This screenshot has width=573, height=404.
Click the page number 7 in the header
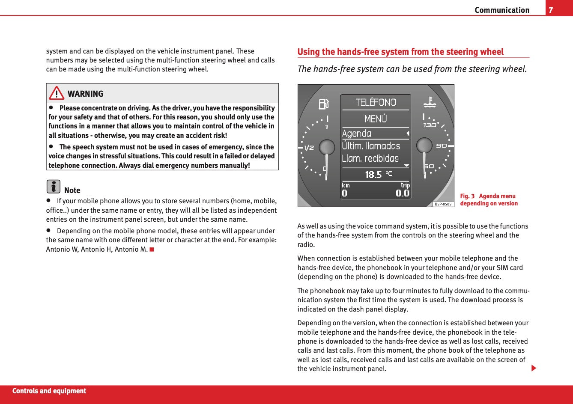click(x=551, y=10)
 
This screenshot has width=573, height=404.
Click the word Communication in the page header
click(x=502, y=10)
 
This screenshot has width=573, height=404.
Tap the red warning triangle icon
click(x=56, y=93)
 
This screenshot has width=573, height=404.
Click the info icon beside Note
click(x=53, y=187)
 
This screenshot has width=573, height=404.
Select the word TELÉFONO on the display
click(x=376, y=102)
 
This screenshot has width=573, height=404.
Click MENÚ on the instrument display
click(x=376, y=119)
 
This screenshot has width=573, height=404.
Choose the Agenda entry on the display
click(x=357, y=134)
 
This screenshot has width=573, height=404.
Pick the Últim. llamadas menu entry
click(x=371, y=146)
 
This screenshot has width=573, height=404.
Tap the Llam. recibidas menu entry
click(x=370, y=158)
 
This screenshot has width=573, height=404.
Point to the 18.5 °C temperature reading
click(x=378, y=174)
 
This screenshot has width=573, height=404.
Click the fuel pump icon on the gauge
click(x=324, y=104)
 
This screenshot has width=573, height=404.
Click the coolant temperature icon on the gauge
click(x=429, y=102)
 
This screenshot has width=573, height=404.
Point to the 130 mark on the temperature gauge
click(x=430, y=125)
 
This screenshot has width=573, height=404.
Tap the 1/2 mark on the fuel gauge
click(x=309, y=148)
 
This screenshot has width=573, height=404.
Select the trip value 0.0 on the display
click(x=402, y=193)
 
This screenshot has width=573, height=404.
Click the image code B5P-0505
click(x=443, y=204)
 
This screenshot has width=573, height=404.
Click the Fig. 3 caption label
click(x=467, y=196)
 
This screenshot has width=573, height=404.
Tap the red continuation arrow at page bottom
click(x=534, y=368)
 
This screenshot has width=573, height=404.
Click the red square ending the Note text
click(x=152, y=249)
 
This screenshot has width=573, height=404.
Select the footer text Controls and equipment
click(x=49, y=391)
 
